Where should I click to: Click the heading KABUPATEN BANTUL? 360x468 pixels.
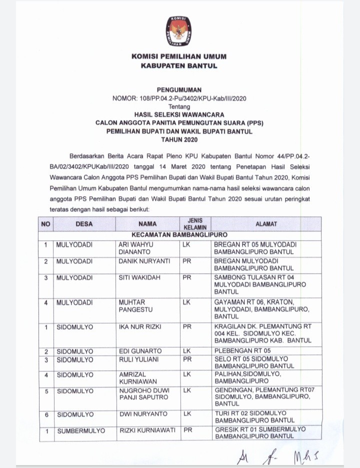point(179,66)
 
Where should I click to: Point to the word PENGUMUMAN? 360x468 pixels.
point(179,90)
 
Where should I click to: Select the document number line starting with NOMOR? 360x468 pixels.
point(179,98)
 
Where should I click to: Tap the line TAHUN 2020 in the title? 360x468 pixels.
point(179,139)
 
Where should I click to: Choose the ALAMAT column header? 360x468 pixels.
point(266,224)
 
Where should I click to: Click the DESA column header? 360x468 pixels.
point(84,224)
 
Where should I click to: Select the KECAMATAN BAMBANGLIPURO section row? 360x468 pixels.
point(179,234)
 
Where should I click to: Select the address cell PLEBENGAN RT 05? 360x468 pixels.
point(242,350)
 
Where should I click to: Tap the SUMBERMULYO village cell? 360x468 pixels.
point(80,430)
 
